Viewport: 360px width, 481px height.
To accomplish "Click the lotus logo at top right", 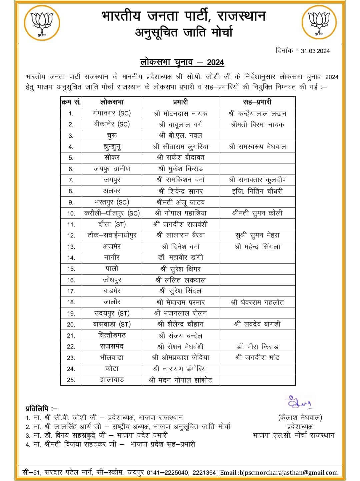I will tap(318, 23).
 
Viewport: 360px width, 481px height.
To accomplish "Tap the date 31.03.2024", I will tap(315, 51).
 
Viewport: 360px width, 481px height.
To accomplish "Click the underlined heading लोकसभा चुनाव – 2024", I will tap(182, 62).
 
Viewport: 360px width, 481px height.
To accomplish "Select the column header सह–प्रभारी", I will tap(257, 102).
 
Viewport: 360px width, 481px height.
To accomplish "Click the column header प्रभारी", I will tap(180, 102).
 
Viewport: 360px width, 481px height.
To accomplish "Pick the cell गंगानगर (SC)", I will tap(112, 113).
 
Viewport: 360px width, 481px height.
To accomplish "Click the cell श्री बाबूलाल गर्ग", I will tap(180, 124).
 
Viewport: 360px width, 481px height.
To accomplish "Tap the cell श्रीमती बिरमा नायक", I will tap(257, 124).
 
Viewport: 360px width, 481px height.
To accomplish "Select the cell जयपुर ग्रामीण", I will tap(112, 169).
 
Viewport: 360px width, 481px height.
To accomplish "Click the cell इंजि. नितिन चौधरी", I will tap(257, 191).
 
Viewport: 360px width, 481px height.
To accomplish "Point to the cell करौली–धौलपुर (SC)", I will tap(112, 213).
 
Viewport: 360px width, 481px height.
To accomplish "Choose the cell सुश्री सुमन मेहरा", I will tap(257, 235).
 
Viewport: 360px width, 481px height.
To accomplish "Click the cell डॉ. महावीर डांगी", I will tap(180, 258).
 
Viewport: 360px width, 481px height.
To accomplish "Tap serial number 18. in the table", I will tap(71, 302).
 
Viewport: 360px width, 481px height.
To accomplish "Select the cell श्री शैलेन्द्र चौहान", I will tap(180, 324).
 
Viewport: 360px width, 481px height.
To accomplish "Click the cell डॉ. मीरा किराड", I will tap(257, 347).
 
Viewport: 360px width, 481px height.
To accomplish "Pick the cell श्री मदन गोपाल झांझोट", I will tap(180, 380).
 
